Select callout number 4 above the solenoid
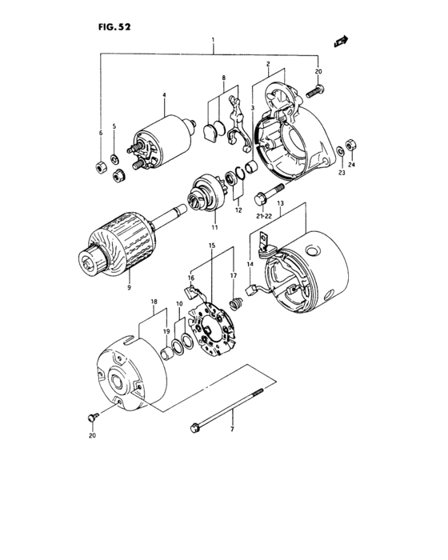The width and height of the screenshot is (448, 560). pos(163,95)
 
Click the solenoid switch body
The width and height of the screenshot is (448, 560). pos(163,139)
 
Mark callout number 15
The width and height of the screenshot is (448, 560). pos(212,245)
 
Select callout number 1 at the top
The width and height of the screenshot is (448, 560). pos(213,39)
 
